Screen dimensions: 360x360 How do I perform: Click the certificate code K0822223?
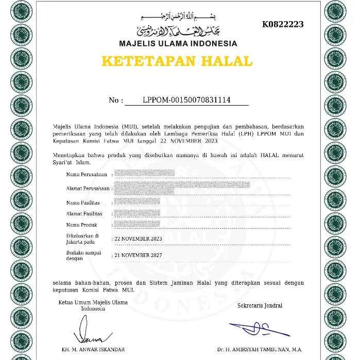pos(283,24)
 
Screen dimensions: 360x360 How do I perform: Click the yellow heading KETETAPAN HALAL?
pos(177,61)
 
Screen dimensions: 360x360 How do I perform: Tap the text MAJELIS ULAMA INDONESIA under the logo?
pos(178,44)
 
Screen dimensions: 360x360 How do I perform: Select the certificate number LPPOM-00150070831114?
pos(186,100)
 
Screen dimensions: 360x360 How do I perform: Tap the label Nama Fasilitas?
pos(82,202)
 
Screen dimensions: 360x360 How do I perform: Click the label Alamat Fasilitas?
pos(84,214)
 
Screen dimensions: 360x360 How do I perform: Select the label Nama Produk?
pos(81,225)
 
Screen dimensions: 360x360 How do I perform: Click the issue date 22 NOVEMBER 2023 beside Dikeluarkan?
pos(138,239)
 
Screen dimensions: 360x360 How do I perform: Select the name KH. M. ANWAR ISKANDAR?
pos(93,350)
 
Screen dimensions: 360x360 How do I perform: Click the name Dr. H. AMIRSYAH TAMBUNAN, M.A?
pos(260,350)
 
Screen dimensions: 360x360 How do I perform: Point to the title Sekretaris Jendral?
pos(260,305)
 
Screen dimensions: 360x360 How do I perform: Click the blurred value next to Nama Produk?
pos(136,225)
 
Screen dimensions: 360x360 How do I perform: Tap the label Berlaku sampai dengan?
pos(83,256)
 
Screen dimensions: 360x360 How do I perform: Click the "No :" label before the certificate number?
pos(116,100)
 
